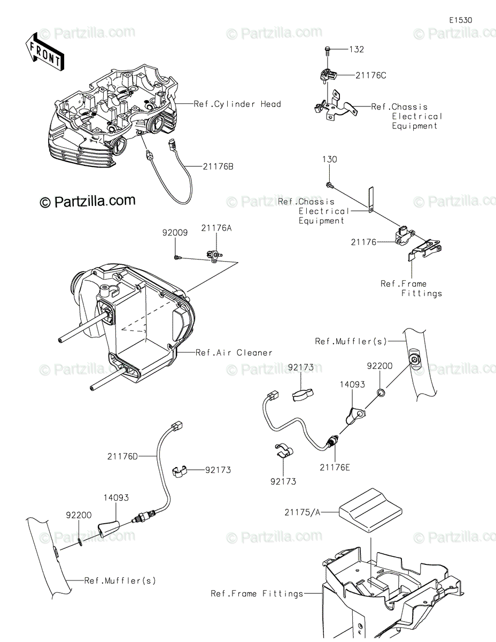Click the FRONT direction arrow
tap(45, 52)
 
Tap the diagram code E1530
tap(460, 20)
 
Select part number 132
tap(356, 49)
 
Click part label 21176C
tap(370, 75)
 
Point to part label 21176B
tap(218, 166)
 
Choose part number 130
tap(329, 159)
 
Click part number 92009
tap(175, 233)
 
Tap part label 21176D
tap(122, 456)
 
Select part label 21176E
tap(335, 468)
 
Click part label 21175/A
tap(303, 512)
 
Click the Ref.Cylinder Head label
tap(237, 104)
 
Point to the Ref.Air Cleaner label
tap(234, 353)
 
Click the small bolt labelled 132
tap(327, 51)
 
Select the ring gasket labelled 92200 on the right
tap(379, 394)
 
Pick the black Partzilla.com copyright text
tap(88, 201)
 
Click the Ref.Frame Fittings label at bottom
tap(257, 593)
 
